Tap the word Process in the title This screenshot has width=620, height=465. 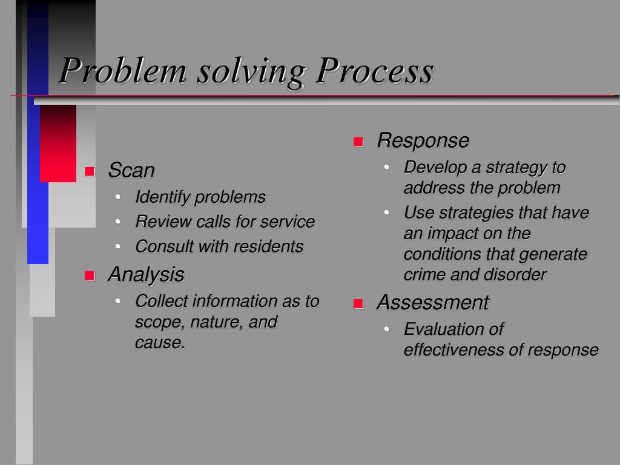[x=376, y=71]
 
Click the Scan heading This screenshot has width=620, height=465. [x=131, y=170]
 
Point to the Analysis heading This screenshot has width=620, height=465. [x=146, y=274]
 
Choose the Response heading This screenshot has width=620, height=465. [x=423, y=140]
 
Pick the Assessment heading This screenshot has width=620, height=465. [x=432, y=302]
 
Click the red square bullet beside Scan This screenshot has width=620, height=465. [x=90, y=171]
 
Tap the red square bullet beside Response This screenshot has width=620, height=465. [x=358, y=142]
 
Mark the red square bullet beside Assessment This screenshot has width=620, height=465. [x=358, y=303]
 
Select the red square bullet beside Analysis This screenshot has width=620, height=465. [x=90, y=276]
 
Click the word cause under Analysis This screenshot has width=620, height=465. [x=159, y=343]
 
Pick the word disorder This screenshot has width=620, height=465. [x=515, y=274]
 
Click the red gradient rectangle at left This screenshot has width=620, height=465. [x=58, y=143]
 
